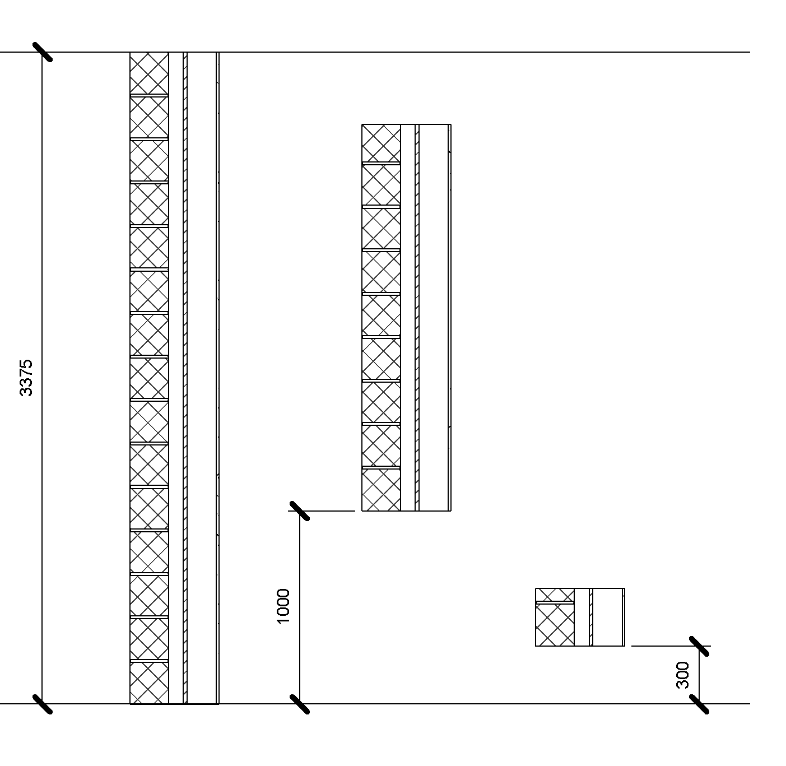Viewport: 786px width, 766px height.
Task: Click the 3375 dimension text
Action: [26, 378]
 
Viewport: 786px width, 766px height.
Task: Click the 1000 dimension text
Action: [283, 606]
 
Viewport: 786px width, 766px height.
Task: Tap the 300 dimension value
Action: [682, 675]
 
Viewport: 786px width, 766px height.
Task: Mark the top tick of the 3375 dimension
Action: [43, 52]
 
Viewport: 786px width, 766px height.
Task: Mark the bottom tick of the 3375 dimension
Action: [43, 704]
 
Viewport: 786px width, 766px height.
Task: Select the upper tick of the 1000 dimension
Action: [300, 511]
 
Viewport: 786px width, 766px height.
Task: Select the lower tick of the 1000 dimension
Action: [300, 704]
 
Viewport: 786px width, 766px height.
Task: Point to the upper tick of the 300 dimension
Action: [699, 646]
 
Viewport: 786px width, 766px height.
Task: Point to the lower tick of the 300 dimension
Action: [699, 704]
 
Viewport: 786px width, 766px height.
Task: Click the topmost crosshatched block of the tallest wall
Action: [149, 73]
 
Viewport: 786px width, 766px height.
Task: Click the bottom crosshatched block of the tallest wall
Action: [149, 683]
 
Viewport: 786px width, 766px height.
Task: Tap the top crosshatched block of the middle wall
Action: [382, 143]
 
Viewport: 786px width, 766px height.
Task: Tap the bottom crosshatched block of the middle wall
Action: [382, 490]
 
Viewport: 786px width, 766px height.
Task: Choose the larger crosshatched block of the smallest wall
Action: [555, 625]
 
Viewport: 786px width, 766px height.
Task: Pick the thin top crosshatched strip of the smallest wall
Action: [555, 595]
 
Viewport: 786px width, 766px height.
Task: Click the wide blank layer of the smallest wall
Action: [607, 618]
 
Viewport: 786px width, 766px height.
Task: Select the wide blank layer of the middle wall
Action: [434, 318]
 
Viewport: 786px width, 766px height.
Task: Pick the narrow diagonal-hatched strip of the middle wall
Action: [417, 318]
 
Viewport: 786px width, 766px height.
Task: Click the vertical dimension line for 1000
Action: [300, 607]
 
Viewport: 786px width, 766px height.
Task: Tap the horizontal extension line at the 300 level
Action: [671, 646]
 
